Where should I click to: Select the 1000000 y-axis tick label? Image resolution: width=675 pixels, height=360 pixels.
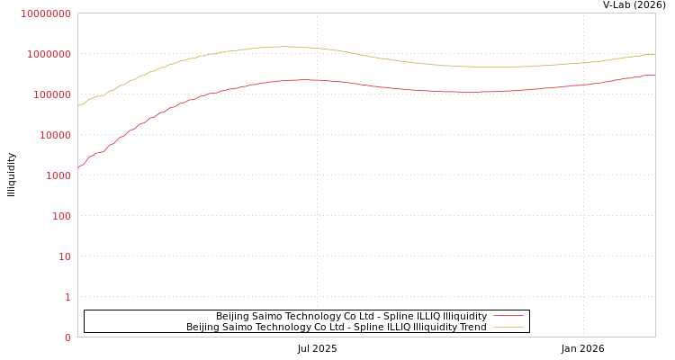coord(49,54)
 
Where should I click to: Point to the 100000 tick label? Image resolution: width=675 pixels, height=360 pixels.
coord(51,94)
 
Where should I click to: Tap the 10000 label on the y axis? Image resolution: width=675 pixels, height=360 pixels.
coord(54,135)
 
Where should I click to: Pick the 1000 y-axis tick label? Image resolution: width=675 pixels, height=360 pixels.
coord(58,175)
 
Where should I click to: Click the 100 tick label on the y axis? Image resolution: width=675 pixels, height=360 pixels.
coord(61,216)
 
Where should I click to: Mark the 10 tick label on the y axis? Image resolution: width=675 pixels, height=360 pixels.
coord(65,256)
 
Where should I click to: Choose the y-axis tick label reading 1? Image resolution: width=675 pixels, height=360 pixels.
coord(67,297)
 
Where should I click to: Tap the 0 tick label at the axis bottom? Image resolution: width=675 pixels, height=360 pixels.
coord(67,337)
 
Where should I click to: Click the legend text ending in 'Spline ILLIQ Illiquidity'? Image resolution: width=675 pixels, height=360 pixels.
coord(351,316)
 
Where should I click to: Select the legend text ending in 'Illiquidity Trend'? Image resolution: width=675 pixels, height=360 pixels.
coord(336,327)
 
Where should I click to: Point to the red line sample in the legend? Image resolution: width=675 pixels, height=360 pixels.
coord(508,316)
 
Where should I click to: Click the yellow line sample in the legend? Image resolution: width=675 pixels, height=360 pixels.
coord(508,327)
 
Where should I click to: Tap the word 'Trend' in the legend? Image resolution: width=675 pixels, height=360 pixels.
coord(472,327)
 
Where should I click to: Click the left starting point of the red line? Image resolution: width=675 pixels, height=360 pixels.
coord(78,167)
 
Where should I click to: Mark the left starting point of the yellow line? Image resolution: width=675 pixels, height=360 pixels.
coord(78,106)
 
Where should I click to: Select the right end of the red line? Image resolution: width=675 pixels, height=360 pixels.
coord(654,75)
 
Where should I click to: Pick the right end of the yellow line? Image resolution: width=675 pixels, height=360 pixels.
coord(654,54)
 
